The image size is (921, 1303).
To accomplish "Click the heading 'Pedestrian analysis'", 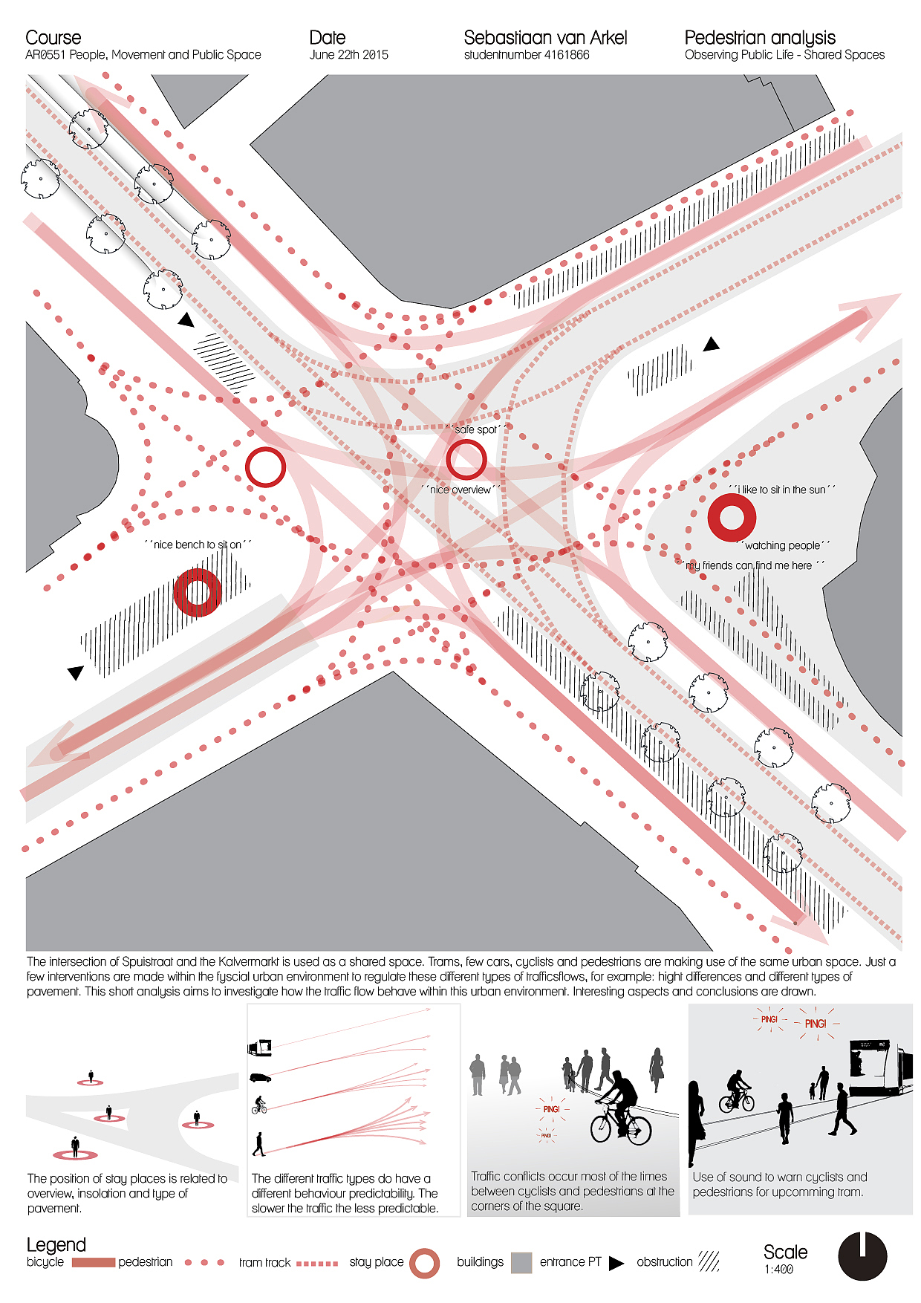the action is pos(760,38).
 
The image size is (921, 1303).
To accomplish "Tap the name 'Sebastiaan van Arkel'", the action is pos(545,38).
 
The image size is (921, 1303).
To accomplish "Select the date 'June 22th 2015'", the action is pos(349,55).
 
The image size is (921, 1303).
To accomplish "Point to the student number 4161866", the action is pos(527,55).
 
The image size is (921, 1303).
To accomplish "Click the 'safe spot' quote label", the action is pos(478,429).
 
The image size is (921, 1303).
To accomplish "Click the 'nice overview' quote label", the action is pos(460,490).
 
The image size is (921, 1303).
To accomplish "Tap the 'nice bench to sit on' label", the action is pos(198,545).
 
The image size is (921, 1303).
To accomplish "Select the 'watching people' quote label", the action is pos(784,545).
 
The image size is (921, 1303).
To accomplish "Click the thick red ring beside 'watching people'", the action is pos(712,518).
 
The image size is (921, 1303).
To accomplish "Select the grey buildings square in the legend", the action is pos(521,1263).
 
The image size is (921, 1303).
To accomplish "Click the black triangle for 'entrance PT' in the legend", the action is pos(616,1263).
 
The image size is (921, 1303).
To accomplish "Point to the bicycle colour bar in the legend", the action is pos(94,1262).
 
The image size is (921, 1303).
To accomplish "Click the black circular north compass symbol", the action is pos(862,1256).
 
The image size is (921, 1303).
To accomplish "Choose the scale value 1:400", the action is pos(778,1270).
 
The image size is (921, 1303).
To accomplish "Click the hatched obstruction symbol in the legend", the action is pos(709,1261).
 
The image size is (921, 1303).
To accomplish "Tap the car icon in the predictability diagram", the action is pos(260,1077).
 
